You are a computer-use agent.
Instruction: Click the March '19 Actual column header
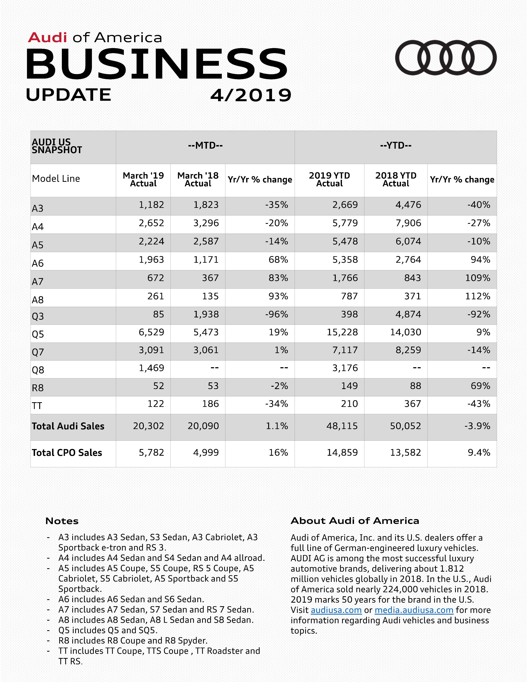(x=143, y=179)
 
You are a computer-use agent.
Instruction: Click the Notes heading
(x=62, y=521)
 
